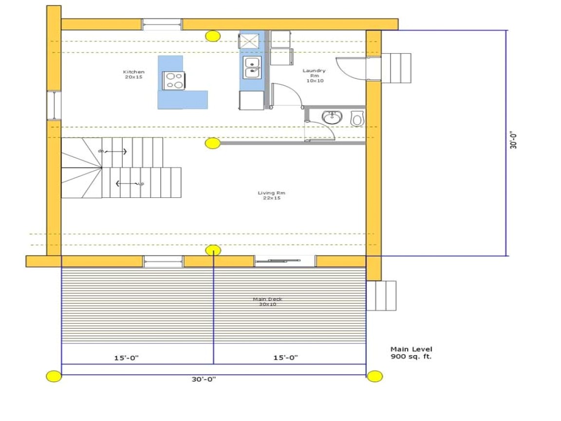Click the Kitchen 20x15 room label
[x=134, y=75]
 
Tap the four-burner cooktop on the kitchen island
[x=174, y=80]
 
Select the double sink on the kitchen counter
[x=252, y=67]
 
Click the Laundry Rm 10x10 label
[x=314, y=76]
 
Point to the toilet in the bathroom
[x=357, y=118]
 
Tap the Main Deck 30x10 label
[x=267, y=302]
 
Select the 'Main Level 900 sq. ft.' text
[x=411, y=353]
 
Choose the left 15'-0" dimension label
[x=127, y=358]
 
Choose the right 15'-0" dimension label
[x=285, y=358]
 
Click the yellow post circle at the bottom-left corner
[x=54, y=376]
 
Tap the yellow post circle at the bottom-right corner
[x=375, y=376]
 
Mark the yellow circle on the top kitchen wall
[x=212, y=36]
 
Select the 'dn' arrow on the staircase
[x=113, y=152]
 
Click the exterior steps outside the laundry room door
[x=395, y=68]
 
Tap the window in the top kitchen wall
[x=162, y=24]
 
